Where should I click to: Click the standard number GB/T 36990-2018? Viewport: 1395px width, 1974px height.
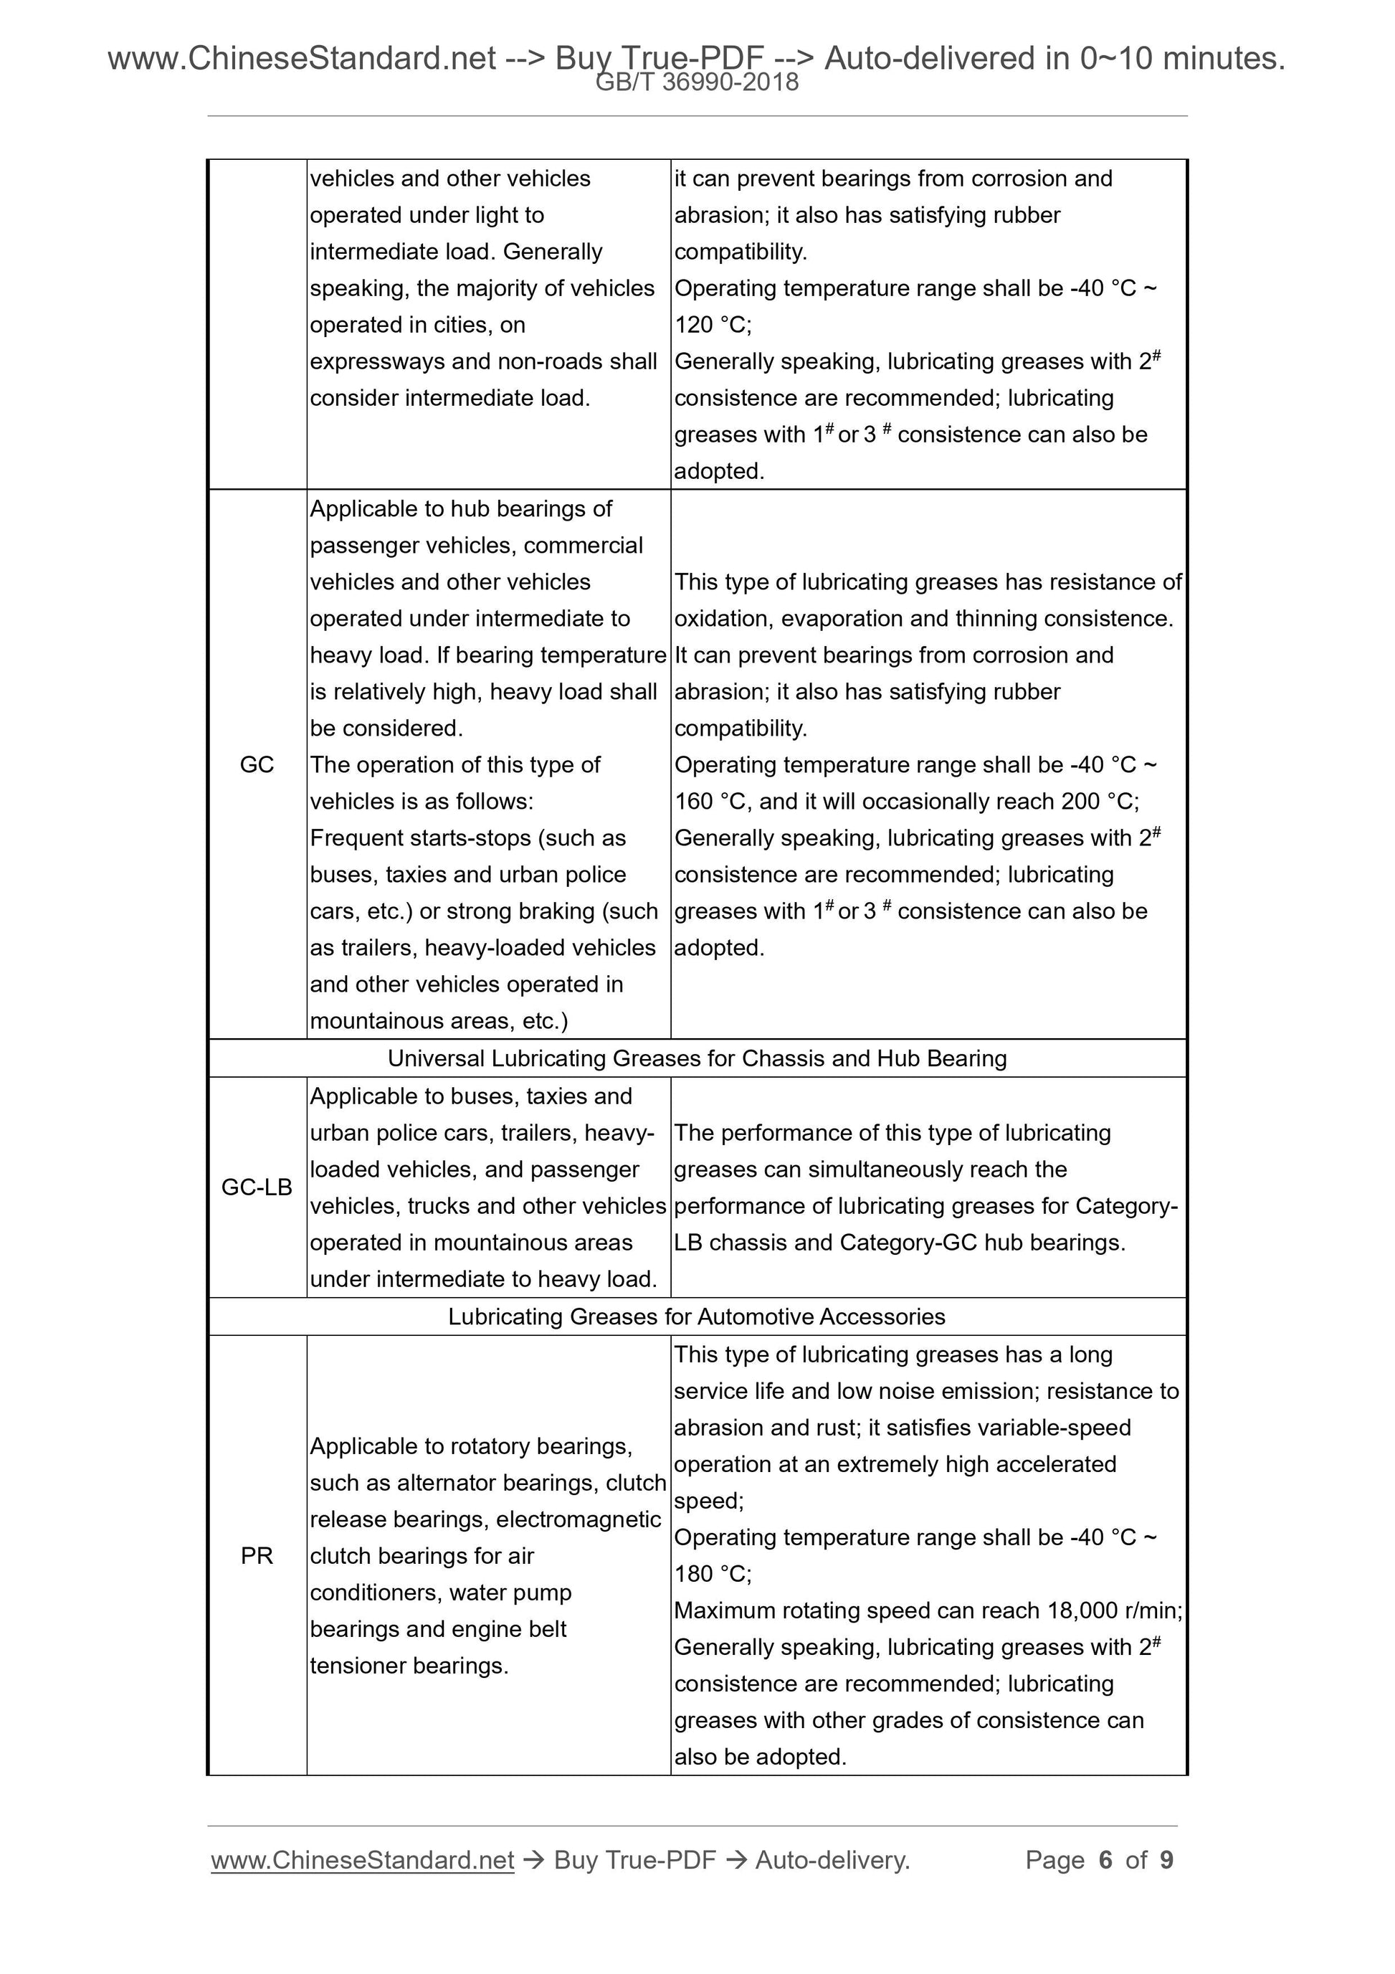pos(697,82)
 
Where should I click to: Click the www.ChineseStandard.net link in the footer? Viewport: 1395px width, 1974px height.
pos(362,1860)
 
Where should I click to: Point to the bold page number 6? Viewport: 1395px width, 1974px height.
pos(1105,1860)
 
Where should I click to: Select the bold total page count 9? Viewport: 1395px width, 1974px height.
pos(1166,1860)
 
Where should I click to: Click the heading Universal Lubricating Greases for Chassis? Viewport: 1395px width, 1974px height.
pos(697,1058)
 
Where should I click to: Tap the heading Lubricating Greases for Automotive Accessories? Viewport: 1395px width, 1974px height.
pos(697,1316)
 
